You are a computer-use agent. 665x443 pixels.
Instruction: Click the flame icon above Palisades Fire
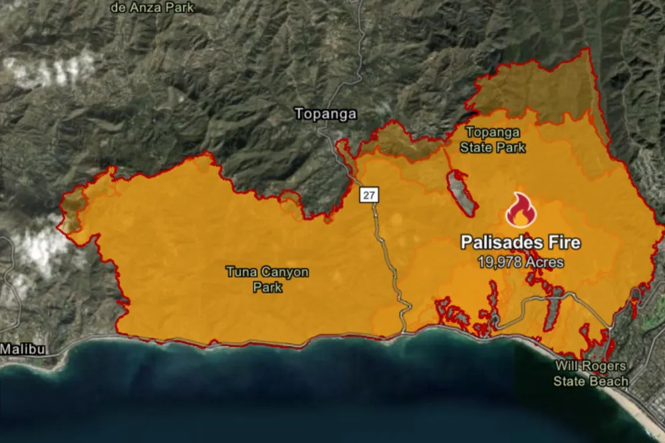coord(521,211)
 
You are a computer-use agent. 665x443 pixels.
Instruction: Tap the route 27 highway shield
coord(368,195)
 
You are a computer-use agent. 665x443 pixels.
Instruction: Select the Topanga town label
coord(325,114)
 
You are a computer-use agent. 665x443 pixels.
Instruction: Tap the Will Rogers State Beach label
coord(591,374)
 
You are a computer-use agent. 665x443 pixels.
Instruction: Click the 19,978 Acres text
coord(521,262)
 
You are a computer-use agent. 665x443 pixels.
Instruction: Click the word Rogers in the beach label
coord(605,367)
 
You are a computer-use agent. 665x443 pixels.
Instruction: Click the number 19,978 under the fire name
coord(499,262)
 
